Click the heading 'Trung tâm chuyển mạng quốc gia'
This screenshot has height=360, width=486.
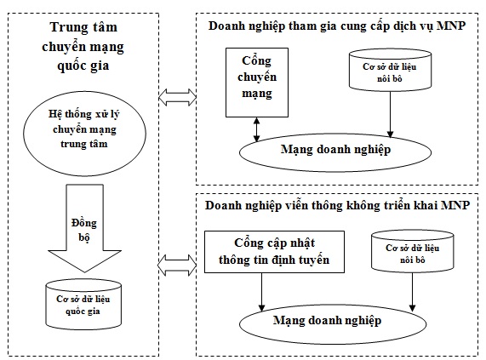click(x=83, y=46)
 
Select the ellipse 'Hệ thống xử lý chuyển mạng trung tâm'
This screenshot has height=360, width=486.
click(x=84, y=133)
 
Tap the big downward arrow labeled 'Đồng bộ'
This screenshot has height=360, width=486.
click(x=84, y=229)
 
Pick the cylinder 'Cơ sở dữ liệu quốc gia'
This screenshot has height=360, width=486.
click(x=83, y=305)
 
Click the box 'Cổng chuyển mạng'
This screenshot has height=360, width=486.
click(x=257, y=83)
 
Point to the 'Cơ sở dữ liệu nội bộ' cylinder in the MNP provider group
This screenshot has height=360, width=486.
click(x=390, y=71)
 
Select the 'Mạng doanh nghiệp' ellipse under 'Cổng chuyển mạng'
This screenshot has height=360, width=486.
click(x=335, y=152)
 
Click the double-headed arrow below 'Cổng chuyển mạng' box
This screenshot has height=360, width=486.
click(x=257, y=129)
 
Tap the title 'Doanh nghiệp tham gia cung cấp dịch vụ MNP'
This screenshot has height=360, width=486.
click(x=337, y=26)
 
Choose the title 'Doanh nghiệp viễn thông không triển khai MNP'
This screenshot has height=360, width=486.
click(x=337, y=206)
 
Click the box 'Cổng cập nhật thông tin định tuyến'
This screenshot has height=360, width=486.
click(x=274, y=252)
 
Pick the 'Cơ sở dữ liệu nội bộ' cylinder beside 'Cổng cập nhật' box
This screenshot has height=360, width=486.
click(x=413, y=251)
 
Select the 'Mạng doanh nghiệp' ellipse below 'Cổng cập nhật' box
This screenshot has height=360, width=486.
click(x=333, y=323)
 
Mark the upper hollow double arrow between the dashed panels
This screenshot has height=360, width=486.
click(x=177, y=98)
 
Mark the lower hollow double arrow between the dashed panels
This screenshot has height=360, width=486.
click(x=177, y=266)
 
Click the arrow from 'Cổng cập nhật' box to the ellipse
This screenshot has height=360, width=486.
click(x=262, y=292)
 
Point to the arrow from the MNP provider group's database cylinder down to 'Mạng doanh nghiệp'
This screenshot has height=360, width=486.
click(x=390, y=114)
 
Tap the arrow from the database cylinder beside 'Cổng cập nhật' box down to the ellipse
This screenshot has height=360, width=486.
click(x=412, y=292)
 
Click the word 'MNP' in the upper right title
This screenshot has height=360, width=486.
click(x=451, y=26)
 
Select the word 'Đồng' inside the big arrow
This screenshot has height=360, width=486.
click(x=84, y=223)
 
